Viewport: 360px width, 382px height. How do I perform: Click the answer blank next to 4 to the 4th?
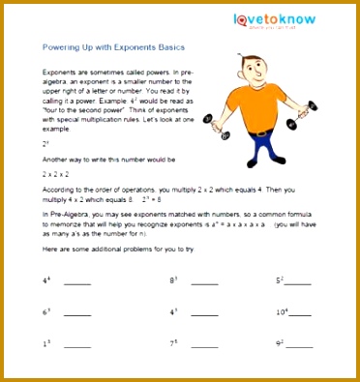[x=77, y=282]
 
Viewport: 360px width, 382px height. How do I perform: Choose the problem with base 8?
[x=175, y=280]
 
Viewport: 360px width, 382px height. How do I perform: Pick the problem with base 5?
[x=280, y=280]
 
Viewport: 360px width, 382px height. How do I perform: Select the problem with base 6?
[x=45, y=312]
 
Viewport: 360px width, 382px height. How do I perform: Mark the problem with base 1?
[x=45, y=343]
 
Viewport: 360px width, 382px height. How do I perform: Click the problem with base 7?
[x=174, y=343]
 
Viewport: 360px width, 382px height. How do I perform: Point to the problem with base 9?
[x=280, y=343]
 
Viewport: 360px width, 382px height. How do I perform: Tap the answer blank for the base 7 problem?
[x=204, y=345]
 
